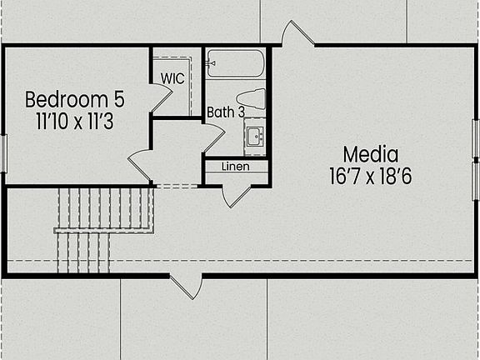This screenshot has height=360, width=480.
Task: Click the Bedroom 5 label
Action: [x=74, y=100]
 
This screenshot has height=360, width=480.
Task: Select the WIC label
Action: [x=172, y=78]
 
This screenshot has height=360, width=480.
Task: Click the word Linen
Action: [x=235, y=166]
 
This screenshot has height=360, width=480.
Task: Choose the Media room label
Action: [x=371, y=154]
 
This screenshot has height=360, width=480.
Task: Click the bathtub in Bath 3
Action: [x=236, y=62]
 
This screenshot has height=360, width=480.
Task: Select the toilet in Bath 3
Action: [x=252, y=99]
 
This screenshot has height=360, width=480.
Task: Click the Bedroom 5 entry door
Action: [x=140, y=165]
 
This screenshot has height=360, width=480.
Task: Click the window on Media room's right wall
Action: [x=476, y=159]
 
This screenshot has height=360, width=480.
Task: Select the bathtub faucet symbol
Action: [x=213, y=62]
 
